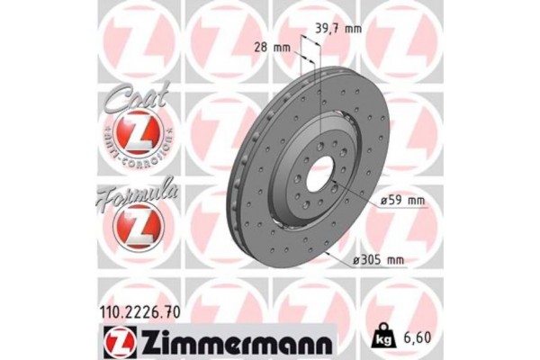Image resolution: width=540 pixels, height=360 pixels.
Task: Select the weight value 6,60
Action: [x=416, y=338]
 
